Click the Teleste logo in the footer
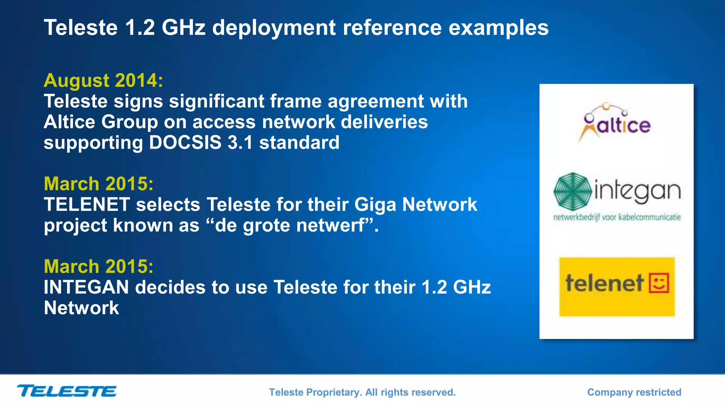coord(67,391)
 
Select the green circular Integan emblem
coord(572,192)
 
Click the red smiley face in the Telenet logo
coord(659,283)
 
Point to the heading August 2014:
coord(103,80)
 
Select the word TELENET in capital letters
coord(87,205)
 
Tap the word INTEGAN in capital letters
coord(86,287)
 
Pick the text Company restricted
coord(634,392)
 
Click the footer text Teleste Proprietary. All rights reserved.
coord(362,392)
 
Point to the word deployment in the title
coord(274,28)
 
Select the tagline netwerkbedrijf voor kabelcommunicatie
coord(617,217)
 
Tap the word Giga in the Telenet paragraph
coord(375,205)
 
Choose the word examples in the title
coord(498,28)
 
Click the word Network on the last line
coord(81,308)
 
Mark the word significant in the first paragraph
coord(216,102)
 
